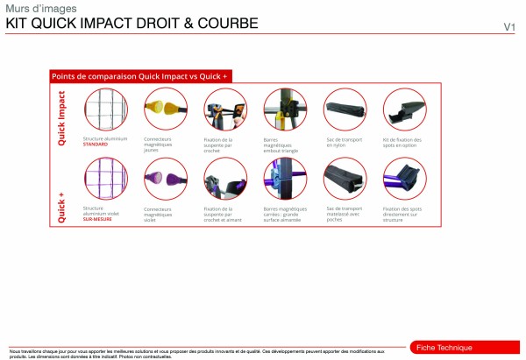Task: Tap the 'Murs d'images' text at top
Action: pos(30,9)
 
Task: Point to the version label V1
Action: pos(508,27)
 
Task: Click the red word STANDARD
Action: pos(96,144)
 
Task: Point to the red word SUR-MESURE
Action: pos(98,219)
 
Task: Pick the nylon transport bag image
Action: pos(343,109)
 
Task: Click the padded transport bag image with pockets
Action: pos(343,180)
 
